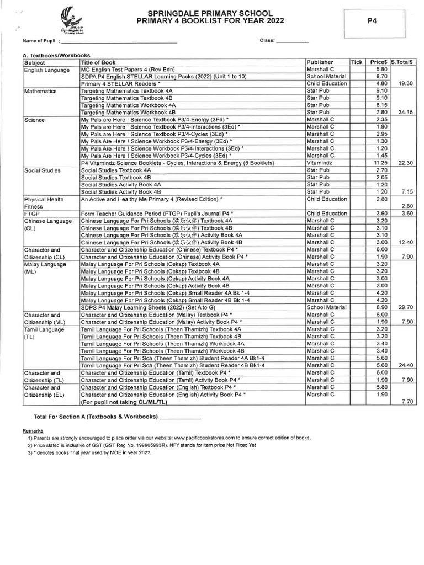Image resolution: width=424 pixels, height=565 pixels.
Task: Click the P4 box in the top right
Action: (x=371, y=20)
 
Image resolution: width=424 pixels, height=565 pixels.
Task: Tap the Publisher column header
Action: (x=320, y=62)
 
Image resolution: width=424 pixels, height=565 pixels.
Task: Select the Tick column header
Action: (x=357, y=62)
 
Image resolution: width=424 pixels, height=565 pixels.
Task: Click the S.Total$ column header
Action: (x=403, y=62)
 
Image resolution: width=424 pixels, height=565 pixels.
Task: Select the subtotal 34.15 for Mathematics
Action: (x=405, y=112)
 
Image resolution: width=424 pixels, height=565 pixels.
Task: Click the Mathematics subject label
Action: (x=40, y=90)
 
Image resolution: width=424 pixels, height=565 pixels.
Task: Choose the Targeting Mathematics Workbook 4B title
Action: (x=128, y=112)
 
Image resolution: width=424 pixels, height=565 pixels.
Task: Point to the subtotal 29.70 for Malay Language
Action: (x=405, y=306)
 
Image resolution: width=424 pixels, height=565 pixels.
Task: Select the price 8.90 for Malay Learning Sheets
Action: (x=381, y=306)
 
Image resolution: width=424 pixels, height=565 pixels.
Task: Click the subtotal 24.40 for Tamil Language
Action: (x=405, y=365)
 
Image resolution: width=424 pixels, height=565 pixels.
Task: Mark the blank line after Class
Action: (x=291, y=42)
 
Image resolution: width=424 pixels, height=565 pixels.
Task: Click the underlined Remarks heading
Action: (x=33, y=430)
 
